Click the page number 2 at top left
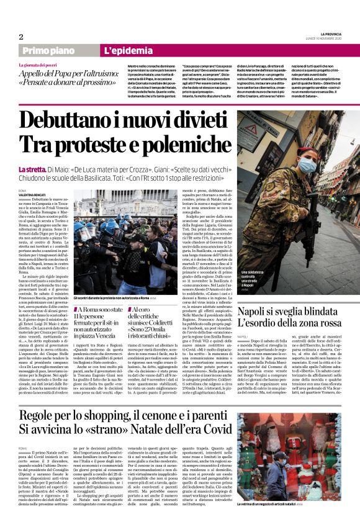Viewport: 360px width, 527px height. [21, 36]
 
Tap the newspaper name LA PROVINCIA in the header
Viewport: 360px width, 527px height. [323, 34]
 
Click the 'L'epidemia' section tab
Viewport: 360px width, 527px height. [127, 50]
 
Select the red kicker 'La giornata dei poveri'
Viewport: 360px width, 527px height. [40, 65]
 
